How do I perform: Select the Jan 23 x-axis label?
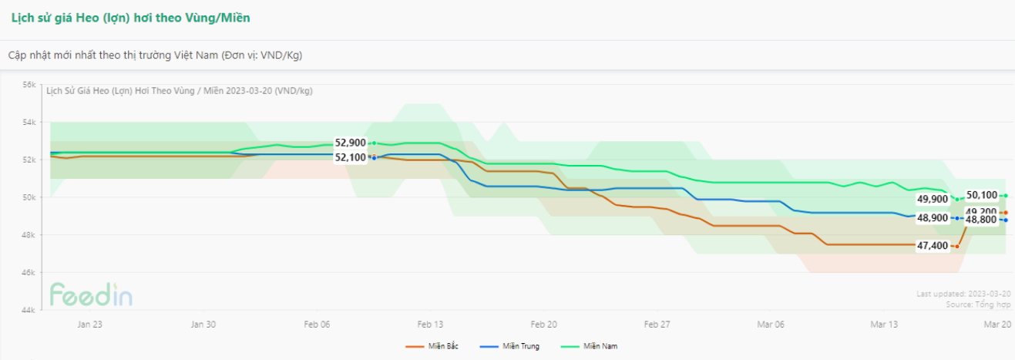tap(89, 325)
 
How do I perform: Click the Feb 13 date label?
tap(430, 325)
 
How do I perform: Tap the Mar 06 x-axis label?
tap(771, 325)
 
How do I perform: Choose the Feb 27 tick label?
tap(657, 325)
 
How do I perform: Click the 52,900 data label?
tap(350, 143)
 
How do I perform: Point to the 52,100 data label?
tap(350, 157)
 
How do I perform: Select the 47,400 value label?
tap(933, 246)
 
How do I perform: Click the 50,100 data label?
tap(982, 196)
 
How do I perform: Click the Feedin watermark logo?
tap(91, 294)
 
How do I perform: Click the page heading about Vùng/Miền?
tap(130, 17)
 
